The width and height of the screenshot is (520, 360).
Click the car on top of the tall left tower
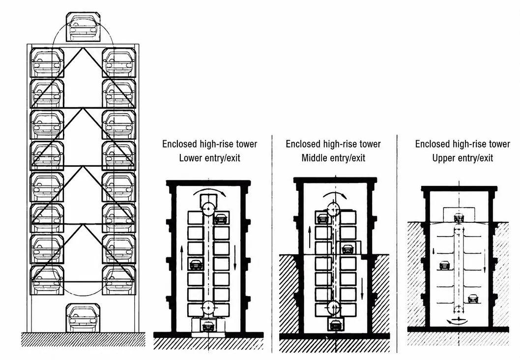83,27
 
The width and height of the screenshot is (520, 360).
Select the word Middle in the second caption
314,158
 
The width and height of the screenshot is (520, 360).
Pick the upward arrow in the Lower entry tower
182,258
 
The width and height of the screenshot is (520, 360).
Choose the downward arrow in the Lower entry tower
235,258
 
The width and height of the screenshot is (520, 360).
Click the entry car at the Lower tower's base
208,327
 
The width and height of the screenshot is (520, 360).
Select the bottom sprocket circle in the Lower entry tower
208,308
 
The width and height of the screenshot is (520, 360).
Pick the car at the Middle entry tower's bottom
335,325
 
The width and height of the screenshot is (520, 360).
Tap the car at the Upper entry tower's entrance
459,218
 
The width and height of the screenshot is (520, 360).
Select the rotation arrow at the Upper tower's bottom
457,321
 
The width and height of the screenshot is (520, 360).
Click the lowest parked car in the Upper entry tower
473,299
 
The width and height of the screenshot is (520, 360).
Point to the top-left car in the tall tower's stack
47,62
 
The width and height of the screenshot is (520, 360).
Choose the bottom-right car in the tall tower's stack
119,280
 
